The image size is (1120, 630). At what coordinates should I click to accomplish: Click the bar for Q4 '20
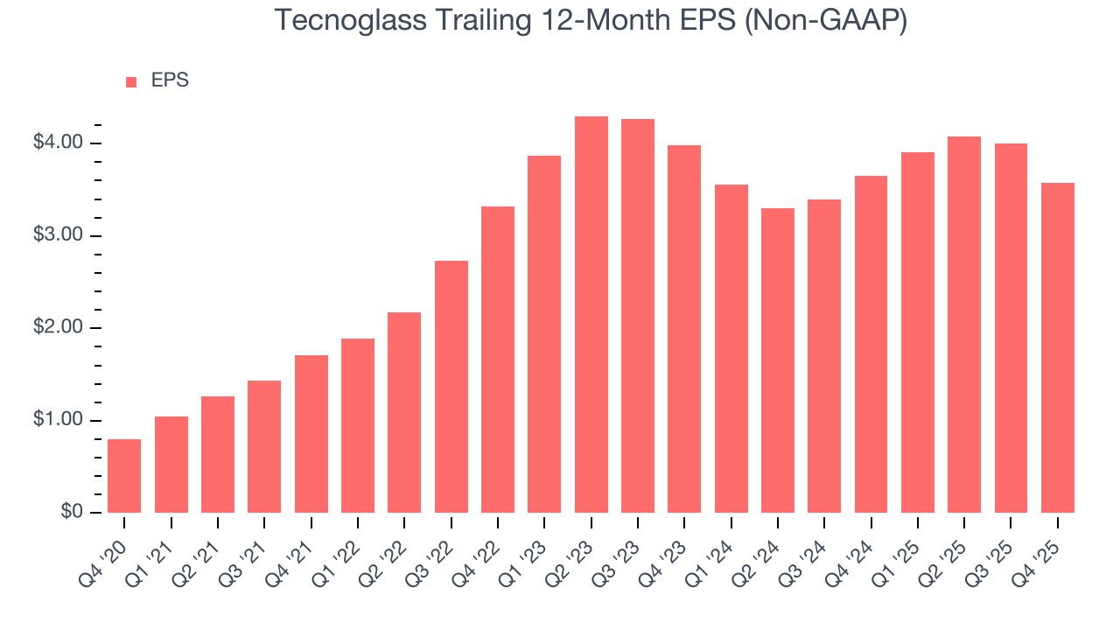[x=124, y=476]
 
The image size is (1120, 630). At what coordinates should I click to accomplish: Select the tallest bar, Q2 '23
[x=591, y=315]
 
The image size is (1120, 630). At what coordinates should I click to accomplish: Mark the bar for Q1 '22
[x=358, y=425]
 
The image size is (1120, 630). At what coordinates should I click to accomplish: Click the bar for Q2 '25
[x=963, y=325]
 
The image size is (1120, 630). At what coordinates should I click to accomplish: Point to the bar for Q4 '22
[x=498, y=360]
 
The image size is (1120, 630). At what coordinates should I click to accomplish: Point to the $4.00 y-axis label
[x=58, y=143]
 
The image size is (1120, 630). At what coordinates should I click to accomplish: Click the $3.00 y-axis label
[x=58, y=235]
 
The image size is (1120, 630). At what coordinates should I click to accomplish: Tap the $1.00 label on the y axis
[x=58, y=420]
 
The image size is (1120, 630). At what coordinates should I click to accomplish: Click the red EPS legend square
[x=131, y=82]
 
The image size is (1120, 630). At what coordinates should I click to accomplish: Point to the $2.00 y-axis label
[x=58, y=328]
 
